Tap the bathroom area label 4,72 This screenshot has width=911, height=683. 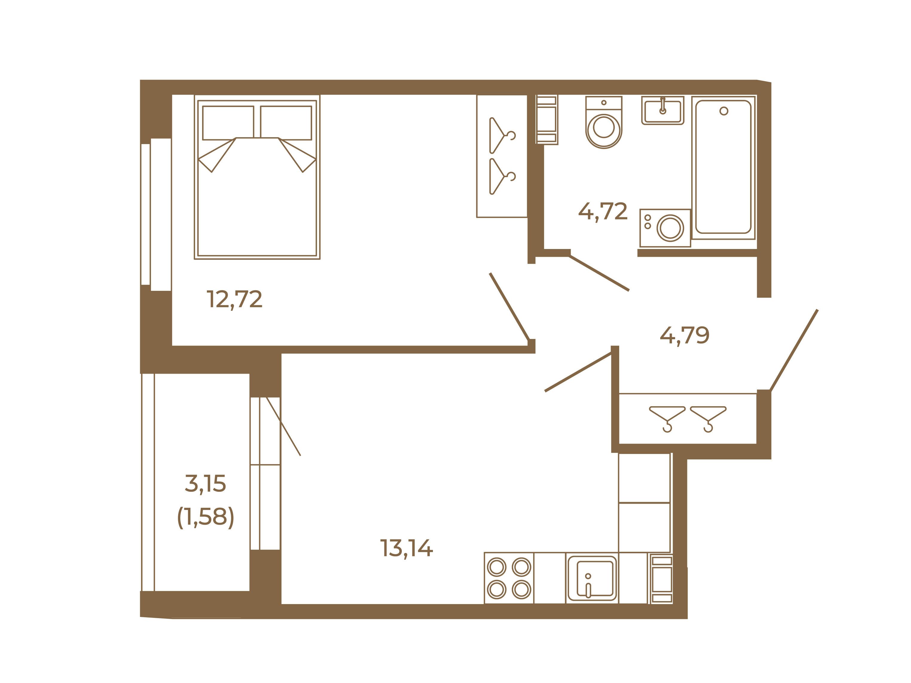point(603,212)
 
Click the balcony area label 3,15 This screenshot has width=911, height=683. point(205,483)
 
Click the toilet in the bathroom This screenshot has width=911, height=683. point(604,122)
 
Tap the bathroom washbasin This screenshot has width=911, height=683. point(663,110)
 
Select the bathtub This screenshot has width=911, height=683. point(723,168)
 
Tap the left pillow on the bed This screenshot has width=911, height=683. point(228,123)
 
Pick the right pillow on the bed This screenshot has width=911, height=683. point(286,123)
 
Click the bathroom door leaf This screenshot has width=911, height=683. point(599,273)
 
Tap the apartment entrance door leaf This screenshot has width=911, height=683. point(793,350)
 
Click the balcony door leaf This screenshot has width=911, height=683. point(283,427)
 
